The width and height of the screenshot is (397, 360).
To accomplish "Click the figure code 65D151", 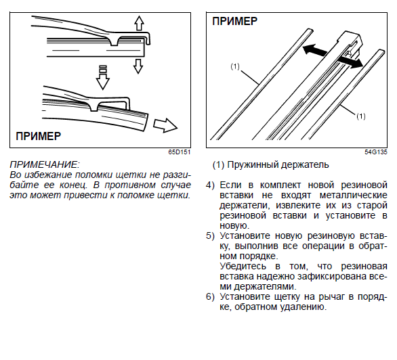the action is tap(180, 152).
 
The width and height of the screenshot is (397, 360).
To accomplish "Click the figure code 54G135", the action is tap(376, 152).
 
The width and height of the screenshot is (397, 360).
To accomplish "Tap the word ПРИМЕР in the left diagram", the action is tap(38, 136).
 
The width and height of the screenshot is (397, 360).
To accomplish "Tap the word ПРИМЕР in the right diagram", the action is tap(234, 21).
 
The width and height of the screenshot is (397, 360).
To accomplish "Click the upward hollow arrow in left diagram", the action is tap(139, 23).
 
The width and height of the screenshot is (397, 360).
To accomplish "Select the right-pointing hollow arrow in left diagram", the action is tap(165, 125).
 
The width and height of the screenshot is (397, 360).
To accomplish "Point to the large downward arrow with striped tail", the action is tap(103, 77).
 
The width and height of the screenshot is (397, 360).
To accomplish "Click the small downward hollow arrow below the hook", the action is tap(138, 66).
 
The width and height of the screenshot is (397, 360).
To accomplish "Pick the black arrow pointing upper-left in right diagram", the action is tap(315, 50).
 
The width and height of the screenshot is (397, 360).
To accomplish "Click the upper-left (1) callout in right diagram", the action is tap(235, 66).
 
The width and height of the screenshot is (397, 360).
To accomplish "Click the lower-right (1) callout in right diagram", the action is tap(361, 116).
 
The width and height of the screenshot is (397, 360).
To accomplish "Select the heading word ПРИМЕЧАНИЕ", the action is tap(45, 165).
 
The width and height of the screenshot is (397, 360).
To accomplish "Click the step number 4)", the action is tap(210, 185).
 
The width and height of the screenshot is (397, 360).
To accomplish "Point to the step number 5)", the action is tap(210, 236).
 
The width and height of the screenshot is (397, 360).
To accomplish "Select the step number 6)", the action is tap(210, 296).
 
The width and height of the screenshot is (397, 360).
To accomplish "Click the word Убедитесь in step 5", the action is tap(243, 267).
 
